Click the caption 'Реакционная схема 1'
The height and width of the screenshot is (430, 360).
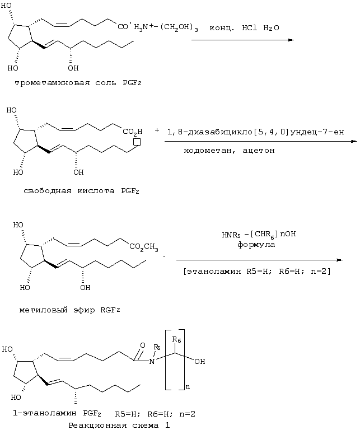119,426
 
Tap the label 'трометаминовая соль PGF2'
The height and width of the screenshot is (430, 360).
78,83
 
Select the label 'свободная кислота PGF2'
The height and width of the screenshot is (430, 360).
81,191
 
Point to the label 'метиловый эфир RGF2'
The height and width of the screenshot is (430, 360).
69,310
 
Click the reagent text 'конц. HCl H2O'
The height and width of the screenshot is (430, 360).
244,28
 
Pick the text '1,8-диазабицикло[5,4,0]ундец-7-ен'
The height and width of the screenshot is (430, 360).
255,132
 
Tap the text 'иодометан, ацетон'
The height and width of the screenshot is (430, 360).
229,151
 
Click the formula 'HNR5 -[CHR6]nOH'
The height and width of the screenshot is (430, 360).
259,235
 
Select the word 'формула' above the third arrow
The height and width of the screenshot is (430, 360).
256,245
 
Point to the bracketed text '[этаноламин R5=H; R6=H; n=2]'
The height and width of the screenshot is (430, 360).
257,272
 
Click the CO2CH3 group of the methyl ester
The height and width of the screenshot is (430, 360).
144,247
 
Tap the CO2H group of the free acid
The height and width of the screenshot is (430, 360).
133,132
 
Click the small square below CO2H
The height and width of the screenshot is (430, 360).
137,142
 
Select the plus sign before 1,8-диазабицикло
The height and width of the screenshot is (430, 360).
157,130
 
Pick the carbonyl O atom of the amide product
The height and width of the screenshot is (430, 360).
142,345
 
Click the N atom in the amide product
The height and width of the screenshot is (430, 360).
152,361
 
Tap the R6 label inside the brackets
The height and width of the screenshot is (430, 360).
176,340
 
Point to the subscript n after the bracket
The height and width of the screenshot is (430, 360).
188,387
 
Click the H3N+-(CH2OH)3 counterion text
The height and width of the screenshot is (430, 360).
166,27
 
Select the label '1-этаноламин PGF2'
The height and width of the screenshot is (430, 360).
57,413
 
